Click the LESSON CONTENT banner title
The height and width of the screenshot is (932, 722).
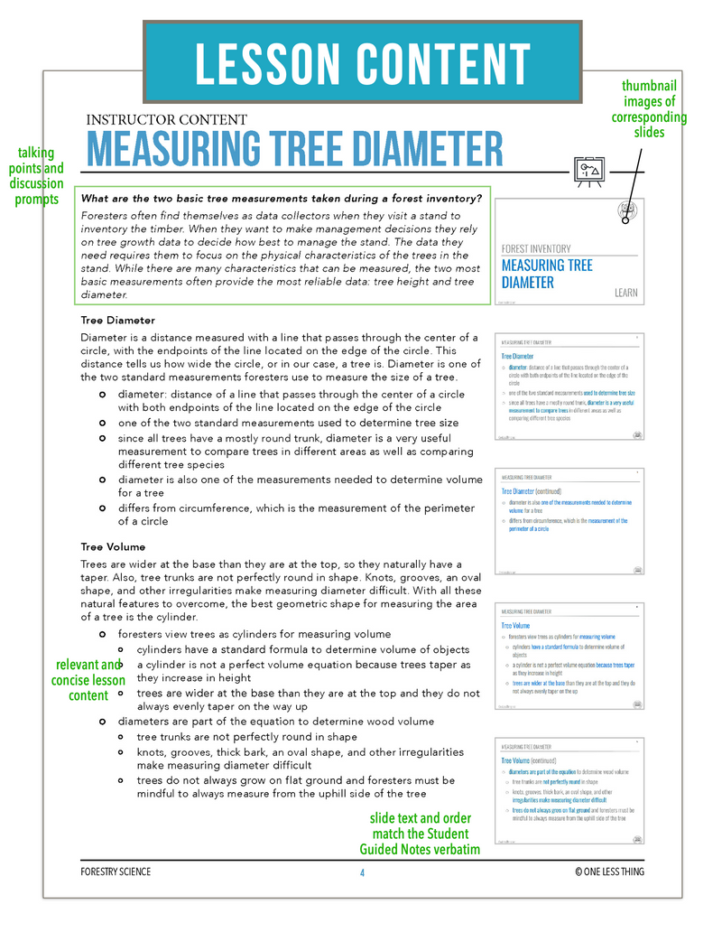click(362, 63)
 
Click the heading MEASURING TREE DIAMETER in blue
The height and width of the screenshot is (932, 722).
click(293, 150)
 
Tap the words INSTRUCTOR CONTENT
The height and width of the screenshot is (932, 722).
click(166, 119)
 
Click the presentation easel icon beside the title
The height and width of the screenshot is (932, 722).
click(589, 171)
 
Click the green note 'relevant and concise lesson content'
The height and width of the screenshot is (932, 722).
click(88, 680)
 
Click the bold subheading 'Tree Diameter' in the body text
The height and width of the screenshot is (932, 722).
click(117, 321)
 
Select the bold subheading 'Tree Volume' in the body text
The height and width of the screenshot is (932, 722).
click(113, 547)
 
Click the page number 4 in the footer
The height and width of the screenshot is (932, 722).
click(362, 871)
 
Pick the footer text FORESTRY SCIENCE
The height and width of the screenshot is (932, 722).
click(116, 871)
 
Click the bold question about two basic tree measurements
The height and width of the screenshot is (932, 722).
click(281, 199)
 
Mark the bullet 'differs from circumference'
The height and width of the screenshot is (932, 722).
click(296, 514)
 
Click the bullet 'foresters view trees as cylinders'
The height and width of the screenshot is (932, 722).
click(255, 635)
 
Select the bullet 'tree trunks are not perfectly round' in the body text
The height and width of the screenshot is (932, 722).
click(247, 737)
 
